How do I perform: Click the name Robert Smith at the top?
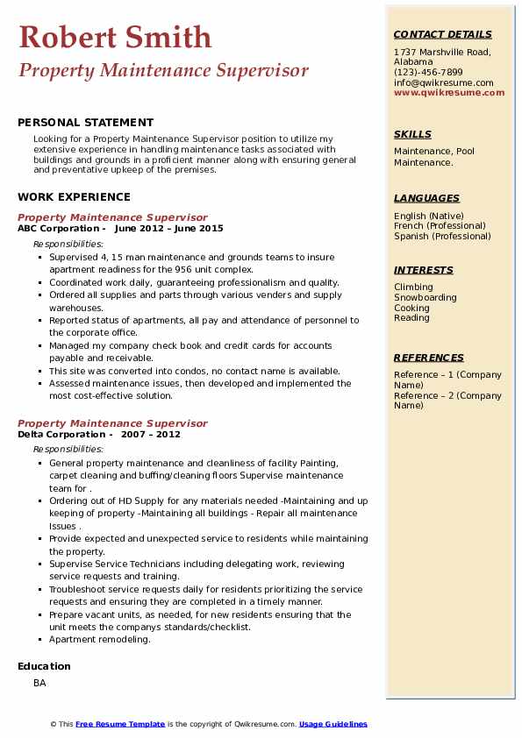pyautogui.click(x=114, y=37)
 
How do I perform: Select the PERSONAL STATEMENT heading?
pyautogui.click(x=85, y=123)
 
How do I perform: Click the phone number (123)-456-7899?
pyautogui.click(x=428, y=73)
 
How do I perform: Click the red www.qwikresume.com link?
pyautogui.click(x=443, y=92)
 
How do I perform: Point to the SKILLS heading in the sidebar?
pyautogui.click(x=412, y=134)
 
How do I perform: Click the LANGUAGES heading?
pyautogui.click(x=426, y=198)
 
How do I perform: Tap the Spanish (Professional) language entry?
pyautogui.click(x=442, y=236)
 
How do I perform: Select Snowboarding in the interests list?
pyautogui.click(x=425, y=297)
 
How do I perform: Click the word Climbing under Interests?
pyautogui.click(x=413, y=287)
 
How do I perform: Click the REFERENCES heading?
pyautogui.click(x=429, y=358)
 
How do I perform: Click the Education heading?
pyautogui.click(x=44, y=666)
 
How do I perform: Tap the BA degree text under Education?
pyautogui.click(x=40, y=682)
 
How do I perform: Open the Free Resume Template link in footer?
pyautogui.click(x=120, y=724)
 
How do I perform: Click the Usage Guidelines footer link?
pyautogui.click(x=333, y=724)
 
